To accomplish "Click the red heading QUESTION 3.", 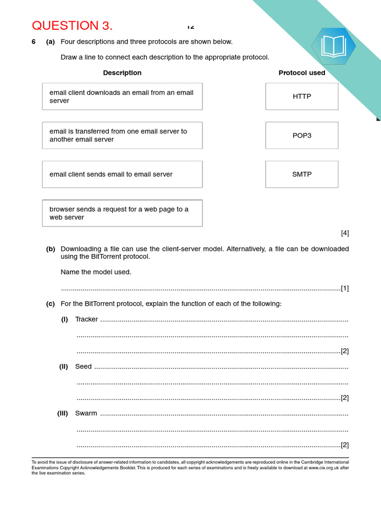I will tap(72, 26).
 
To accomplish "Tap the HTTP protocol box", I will tap(302, 96).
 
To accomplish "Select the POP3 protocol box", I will tap(302, 135).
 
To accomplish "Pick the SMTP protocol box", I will tap(302, 174).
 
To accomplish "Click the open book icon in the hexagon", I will tap(333, 46).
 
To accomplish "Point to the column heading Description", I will tap(122, 73).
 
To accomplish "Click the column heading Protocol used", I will tap(302, 73).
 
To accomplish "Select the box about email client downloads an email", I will tap(122, 96).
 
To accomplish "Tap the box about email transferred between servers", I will tap(122, 135).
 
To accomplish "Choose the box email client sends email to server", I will tap(122, 174).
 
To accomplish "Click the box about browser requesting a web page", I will tap(122, 213).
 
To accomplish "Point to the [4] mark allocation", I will tap(345, 233).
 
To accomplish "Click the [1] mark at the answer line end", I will tap(345, 288).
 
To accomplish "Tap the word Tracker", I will tap(86, 319).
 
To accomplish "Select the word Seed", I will tap(83, 367).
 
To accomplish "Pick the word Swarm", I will tap(86, 413).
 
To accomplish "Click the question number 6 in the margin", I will tap(34, 42).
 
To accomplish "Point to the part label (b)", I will tap(51, 249).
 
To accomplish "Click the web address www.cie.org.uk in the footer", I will tap(324, 468).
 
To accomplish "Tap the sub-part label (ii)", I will tap(63, 367).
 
